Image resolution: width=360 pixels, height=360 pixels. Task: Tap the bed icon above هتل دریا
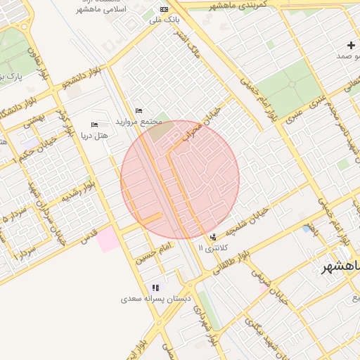pos(95,124)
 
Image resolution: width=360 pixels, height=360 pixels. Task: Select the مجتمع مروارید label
pos(141,121)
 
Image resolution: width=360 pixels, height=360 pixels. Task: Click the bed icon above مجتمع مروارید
pos(139,110)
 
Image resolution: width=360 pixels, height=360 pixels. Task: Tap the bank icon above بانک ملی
pos(164,9)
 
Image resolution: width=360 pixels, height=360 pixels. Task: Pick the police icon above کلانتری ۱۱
pos(213,237)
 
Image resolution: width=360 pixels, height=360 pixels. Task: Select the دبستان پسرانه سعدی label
pos(156,299)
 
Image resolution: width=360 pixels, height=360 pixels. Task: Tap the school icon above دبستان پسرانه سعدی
pos(155,288)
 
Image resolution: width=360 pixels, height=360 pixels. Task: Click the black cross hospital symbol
pos(351,45)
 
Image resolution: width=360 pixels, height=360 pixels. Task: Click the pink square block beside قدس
pos(108,240)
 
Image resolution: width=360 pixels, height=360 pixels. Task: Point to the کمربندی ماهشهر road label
pos(238,6)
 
